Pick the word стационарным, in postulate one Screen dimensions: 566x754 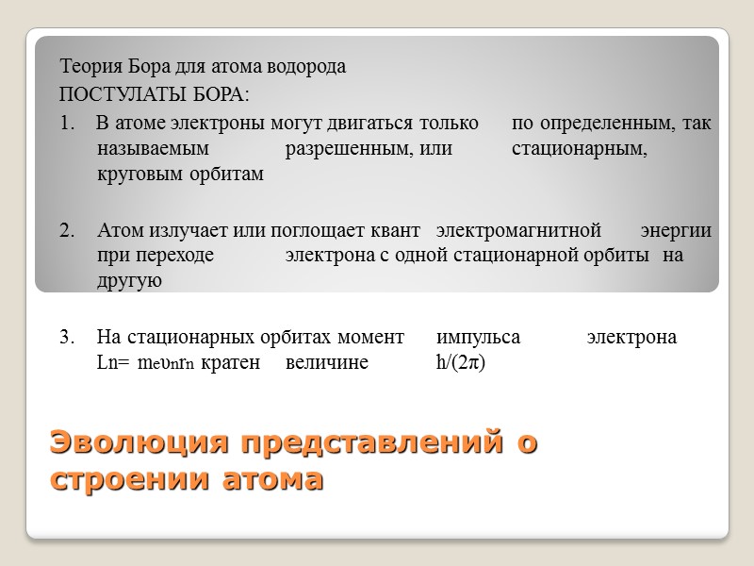579,149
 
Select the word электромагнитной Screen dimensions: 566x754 517,230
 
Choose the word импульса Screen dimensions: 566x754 478,337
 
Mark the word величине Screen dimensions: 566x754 327,362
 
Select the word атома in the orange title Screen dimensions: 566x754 271,478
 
